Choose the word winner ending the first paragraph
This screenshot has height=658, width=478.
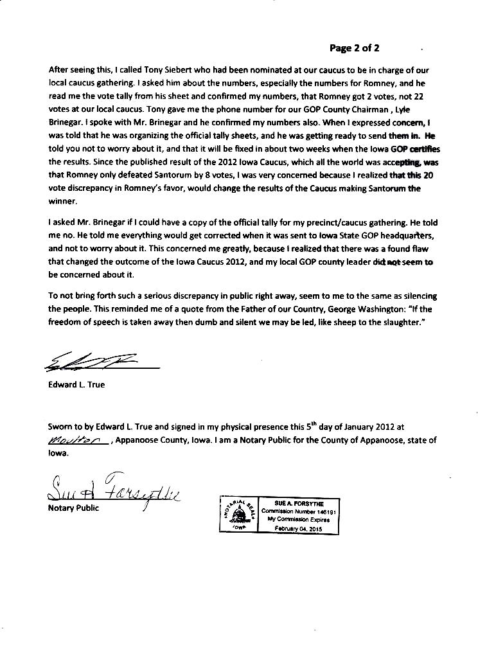tap(62, 201)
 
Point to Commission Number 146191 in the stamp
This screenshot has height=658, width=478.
tap(299, 511)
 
